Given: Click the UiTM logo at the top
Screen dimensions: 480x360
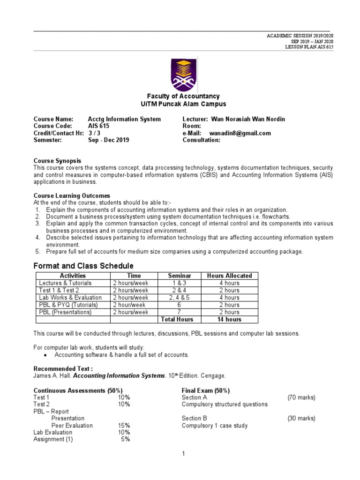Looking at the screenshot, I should pos(180,74).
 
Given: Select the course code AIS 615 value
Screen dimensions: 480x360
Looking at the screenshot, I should pos(98,126).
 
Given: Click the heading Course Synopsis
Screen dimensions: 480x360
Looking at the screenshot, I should pos(57,161).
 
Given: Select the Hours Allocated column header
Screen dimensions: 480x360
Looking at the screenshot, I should pos(229,276).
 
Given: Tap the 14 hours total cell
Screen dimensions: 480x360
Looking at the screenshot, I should pos(229,319).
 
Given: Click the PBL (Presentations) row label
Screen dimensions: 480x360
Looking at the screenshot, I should pos(65,312).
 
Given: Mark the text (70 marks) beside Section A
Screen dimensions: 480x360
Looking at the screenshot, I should pos(301,397).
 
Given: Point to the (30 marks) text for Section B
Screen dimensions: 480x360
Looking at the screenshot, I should pos(301,419).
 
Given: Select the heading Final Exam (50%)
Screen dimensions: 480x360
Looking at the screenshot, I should pos(205,390).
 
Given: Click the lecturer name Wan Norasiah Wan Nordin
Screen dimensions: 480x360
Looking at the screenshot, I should pos(248,119).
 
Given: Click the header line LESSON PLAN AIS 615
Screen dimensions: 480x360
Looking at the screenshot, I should pos(309,47).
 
